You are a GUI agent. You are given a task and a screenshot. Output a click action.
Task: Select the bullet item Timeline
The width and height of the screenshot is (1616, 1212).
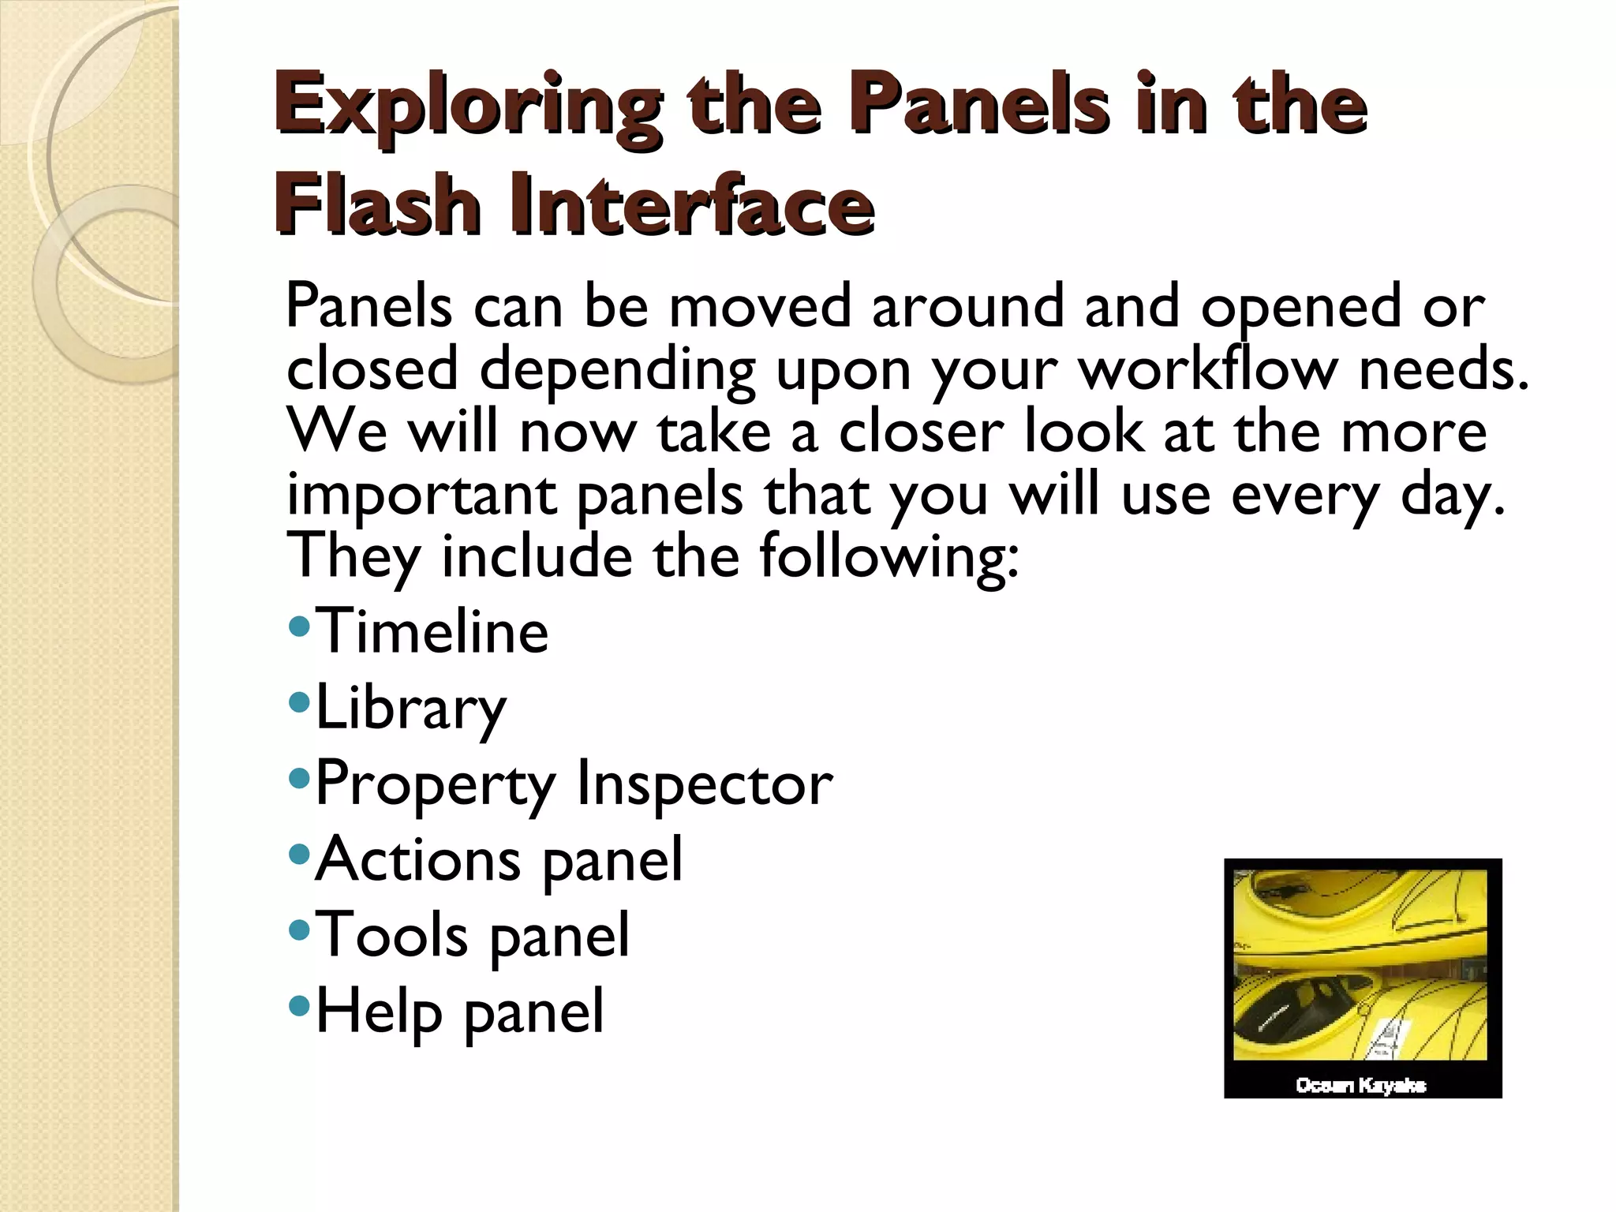tap(431, 631)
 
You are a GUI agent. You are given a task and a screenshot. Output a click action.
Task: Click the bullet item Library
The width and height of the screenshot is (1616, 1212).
tap(410, 709)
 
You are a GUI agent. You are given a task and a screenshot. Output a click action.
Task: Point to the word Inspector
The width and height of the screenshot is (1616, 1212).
tap(704, 783)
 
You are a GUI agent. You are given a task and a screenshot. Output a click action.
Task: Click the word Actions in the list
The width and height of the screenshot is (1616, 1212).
tap(417, 858)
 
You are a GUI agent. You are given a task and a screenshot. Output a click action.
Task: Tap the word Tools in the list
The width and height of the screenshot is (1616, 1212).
tap(391, 934)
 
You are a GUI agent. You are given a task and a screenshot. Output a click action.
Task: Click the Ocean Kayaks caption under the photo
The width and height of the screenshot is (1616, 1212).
tap(1360, 1085)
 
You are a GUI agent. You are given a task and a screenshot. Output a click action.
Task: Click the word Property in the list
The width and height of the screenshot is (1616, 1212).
tap(436, 784)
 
